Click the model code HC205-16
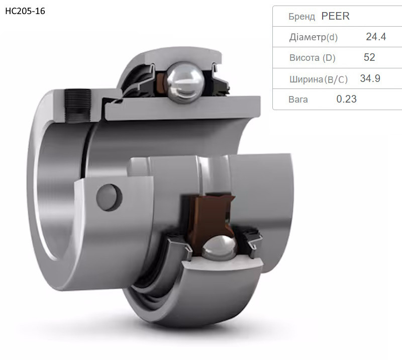tap(25, 11)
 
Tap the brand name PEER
tap(335, 16)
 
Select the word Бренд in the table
tap(301, 17)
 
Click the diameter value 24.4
tap(376, 37)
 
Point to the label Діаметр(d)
tap(313, 37)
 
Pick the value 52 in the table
tap(369, 57)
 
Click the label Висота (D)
tap(312, 58)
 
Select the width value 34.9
tap(370, 78)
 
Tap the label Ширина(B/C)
tap(319, 79)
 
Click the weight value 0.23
tap(346, 99)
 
